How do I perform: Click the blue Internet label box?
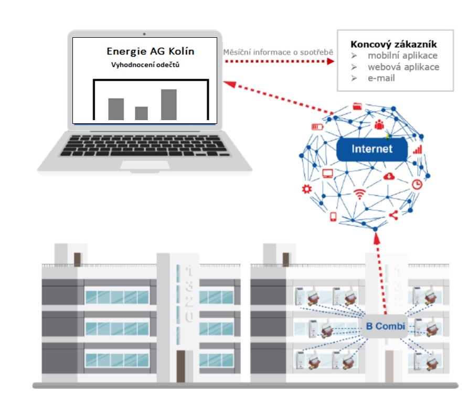(x=372, y=149)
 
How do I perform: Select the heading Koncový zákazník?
(x=393, y=45)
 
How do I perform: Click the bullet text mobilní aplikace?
(x=402, y=56)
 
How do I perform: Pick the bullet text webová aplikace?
(x=403, y=67)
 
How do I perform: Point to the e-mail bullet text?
(x=381, y=78)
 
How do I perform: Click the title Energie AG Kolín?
(x=150, y=51)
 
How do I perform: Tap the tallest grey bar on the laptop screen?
(x=168, y=104)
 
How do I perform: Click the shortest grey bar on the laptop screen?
(x=141, y=113)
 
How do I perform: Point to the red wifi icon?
(x=359, y=194)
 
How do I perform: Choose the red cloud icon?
(x=389, y=176)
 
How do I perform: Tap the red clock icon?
(x=417, y=184)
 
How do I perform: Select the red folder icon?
(x=358, y=106)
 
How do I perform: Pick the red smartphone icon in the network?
(x=333, y=217)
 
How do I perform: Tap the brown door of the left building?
(x=180, y=366)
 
